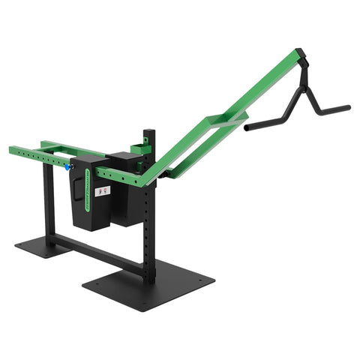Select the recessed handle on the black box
click(77, 191)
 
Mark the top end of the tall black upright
click(150, 133)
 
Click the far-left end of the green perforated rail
click(12, 150)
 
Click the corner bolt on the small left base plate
click(20, 243)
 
